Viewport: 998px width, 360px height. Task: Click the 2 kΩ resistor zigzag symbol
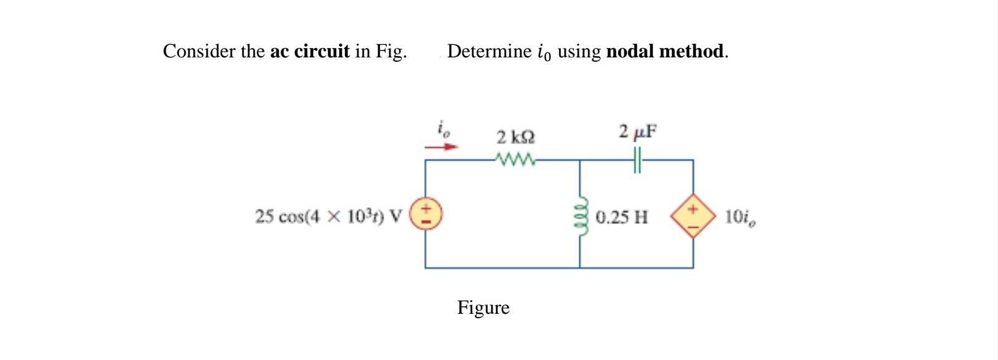(x=515, y=160)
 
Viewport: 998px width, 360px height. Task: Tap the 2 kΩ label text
(x=515, y=136)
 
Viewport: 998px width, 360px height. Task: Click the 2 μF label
(x=637, y=132)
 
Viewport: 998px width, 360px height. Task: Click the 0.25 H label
(x=621, y=217)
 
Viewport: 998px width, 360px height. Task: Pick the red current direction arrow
(x=442, y=147)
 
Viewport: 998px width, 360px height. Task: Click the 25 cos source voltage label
(x=328, y=216)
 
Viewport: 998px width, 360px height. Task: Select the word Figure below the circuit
(x=483, y=308)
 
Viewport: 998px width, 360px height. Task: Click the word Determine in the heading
(x=489, y=51)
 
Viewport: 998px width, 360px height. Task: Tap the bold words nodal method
(x=666, y=51)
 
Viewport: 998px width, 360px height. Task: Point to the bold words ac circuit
(x=309, y=51)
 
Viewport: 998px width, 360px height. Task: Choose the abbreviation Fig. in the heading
(x=391, y=51)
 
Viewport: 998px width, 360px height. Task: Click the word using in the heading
(x=579, y=51)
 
